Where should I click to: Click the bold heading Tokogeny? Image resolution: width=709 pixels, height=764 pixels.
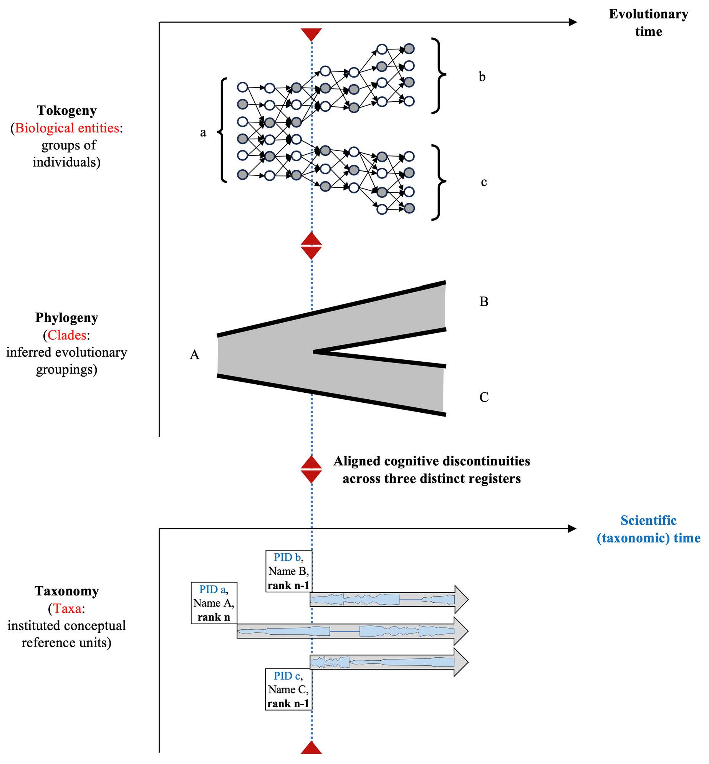[x=67, y=111]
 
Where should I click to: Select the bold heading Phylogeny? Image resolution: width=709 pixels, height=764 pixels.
[x=67, y=318]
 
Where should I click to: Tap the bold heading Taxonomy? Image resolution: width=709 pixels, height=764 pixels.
[x=67, y=591]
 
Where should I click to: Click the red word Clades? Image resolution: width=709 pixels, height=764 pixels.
[x=67, y=335]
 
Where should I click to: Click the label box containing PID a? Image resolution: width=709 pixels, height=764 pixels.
[x=214, y=603]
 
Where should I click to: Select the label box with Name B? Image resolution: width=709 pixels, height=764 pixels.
[x=288, y=571]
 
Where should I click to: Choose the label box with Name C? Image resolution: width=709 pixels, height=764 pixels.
[x=288, y=689]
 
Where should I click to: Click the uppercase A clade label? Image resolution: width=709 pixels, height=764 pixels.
[x=195, y=354]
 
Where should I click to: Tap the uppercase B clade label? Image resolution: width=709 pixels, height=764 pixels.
[x=484, y=301]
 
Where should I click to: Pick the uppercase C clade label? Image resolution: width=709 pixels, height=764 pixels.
[x=484, y=397]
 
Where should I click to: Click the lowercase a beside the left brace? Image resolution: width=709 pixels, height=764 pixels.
[x=203, y=133]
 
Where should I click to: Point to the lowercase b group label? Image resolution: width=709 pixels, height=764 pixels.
[x=482, y=76]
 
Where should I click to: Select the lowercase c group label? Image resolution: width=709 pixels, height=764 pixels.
[x=484, y=182]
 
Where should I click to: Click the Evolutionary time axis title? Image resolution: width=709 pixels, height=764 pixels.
[x=649, y=23]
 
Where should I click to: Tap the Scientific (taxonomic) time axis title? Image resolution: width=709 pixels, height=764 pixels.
[x=649, y=529]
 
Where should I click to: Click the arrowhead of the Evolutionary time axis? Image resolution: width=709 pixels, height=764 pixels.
[x=573, y=22]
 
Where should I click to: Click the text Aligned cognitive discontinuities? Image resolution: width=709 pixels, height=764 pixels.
[x=432, y=461]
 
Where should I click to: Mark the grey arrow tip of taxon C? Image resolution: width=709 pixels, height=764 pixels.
[x=468, y=662]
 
